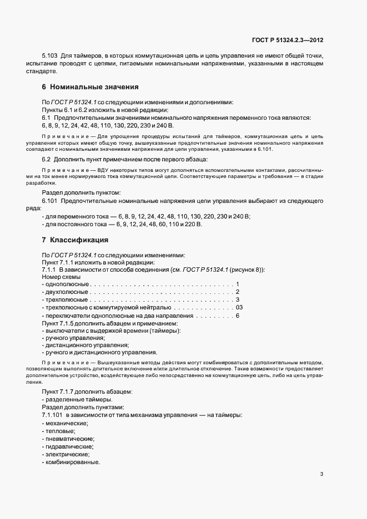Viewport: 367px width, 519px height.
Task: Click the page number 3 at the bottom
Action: tap(322, 474)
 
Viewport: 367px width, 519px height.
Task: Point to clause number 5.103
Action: tap(51, 57)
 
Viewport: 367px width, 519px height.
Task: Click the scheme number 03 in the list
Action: tap(239, 307)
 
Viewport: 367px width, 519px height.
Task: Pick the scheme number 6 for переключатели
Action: tap(238, 316)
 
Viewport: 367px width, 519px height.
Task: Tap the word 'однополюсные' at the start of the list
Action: tap(65, 284)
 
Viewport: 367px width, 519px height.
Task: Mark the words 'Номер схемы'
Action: tap(61, 276)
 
